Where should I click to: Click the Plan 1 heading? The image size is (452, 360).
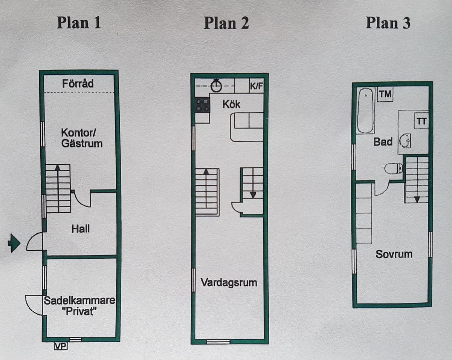pos(79,23)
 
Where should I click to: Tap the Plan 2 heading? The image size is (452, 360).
pos(226,23)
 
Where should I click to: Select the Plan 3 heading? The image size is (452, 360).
pos(388,23)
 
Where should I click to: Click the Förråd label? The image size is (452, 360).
pos(78,83)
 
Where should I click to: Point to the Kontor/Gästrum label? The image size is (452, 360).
pos(82,138)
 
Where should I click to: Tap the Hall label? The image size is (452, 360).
pos(81,228)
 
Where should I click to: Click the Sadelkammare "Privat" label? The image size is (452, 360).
pos(79,306)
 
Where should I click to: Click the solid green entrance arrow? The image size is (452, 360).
pos(14,243)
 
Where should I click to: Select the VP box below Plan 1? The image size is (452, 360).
pos(61,345)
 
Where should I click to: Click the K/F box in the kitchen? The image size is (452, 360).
pos(256,86)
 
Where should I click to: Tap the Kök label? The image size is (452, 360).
pos(231,104)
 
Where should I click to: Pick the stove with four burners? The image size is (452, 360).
pos(203,105)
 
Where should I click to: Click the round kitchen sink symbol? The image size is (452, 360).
pos(216,86)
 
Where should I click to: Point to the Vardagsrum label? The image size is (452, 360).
pos(229,282)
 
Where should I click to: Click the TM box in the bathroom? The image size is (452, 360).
pos(385,94)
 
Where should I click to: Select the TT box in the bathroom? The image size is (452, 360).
pos(421,121)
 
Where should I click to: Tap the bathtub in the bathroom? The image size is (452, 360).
pos(365,110)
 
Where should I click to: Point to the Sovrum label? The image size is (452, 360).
pos(394,254)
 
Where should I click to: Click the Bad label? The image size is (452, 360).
pos(383,142)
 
